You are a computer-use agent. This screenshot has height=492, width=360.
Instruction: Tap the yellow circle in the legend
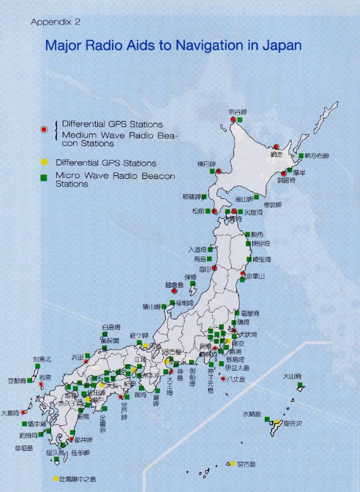coord(44,163)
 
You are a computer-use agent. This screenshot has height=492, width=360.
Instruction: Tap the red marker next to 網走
coord(276,147)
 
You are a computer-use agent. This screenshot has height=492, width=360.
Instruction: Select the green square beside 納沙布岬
coord(301,156)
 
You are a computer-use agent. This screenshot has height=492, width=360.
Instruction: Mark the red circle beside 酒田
coord(214,268)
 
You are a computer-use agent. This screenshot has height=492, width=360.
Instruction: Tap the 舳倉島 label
coord(174,285)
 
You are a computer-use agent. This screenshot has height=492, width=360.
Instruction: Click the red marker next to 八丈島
coord(224,379)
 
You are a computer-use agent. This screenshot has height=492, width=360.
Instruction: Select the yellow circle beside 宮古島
coord(232,464)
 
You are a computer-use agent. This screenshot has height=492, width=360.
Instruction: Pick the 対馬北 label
coord(42,359)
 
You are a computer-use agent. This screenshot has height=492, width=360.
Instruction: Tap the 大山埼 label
coord(292,377)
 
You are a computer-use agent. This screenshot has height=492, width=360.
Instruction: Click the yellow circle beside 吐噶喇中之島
coord(56,479)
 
